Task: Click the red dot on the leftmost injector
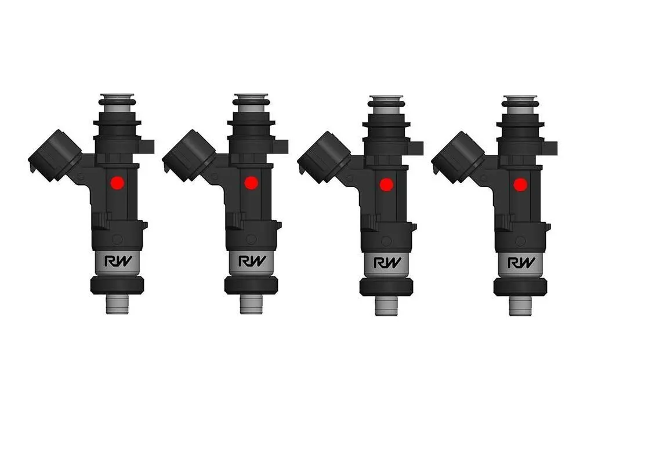117,183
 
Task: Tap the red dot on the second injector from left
251,183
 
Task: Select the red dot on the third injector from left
386,185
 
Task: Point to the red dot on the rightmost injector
520,185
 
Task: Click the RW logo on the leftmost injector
118,261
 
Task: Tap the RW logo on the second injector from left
252,261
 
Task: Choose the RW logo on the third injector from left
387,263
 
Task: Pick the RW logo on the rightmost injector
521,263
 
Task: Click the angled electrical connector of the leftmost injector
55,155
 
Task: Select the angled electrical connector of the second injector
189,155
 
